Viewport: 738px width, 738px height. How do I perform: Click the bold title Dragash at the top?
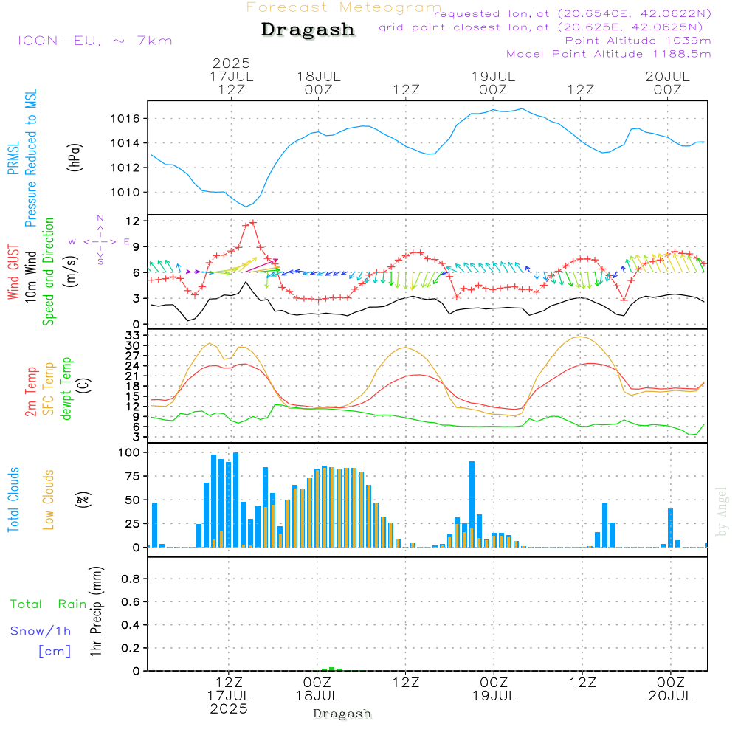[308, 30]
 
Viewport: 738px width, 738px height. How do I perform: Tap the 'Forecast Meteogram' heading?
[344, 7]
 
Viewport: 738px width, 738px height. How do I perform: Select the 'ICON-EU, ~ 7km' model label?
[95, 41]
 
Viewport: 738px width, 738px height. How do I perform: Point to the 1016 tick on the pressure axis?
[125, 119]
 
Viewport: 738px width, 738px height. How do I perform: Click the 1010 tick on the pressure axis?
[125, 193]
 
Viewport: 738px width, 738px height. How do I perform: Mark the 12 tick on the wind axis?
[134, 221]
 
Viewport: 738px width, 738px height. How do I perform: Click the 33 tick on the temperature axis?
[133, 336]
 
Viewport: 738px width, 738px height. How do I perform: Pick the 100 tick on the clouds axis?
[129, 453]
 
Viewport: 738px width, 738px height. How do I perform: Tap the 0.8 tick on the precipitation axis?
[131, 579]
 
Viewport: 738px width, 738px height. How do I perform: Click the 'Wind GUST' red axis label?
[13, 272]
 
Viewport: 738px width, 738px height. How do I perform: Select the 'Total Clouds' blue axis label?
[13, 500]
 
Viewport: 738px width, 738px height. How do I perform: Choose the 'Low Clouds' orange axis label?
[49, 500]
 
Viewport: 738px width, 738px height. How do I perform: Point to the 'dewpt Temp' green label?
[66, 388]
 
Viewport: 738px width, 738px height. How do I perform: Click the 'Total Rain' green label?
[49, 604]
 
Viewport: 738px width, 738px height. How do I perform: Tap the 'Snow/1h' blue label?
[41, 631]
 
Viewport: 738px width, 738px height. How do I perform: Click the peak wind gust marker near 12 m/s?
[252, 222]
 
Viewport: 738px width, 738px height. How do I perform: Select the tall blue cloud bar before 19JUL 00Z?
[472, 504]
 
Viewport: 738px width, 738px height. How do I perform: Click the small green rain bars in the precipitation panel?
[331, 669]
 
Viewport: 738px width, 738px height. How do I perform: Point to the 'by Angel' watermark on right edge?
[722, 511]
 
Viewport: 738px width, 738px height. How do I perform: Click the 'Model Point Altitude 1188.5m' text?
[609, 54]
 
